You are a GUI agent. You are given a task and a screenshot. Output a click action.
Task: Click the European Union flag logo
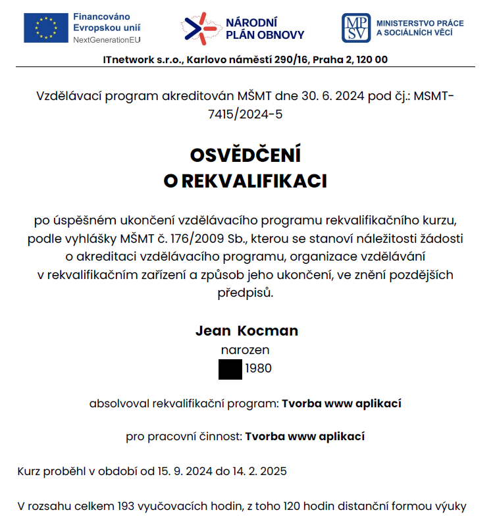(x=45, y=28)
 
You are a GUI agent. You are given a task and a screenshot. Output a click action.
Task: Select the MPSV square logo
(x=355, y=28)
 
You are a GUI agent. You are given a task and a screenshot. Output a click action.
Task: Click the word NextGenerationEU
(x=107, y=40)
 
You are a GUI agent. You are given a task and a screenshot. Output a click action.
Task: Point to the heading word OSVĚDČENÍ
(x=245, y=156)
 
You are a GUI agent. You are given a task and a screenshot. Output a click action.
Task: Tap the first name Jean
(x=213, y=331)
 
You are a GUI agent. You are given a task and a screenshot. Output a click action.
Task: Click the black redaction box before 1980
(x=230, y=369)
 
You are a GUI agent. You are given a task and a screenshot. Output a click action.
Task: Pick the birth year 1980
(x=258, y=369)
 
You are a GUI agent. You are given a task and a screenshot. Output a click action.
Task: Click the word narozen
(x=245, y=351)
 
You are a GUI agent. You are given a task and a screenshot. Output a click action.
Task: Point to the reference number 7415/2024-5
(x=245, y=114)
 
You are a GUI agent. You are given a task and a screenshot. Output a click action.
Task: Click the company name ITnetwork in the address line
(x=130, y=60)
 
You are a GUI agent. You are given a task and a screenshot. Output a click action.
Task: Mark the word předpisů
(x=245, y=293)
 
